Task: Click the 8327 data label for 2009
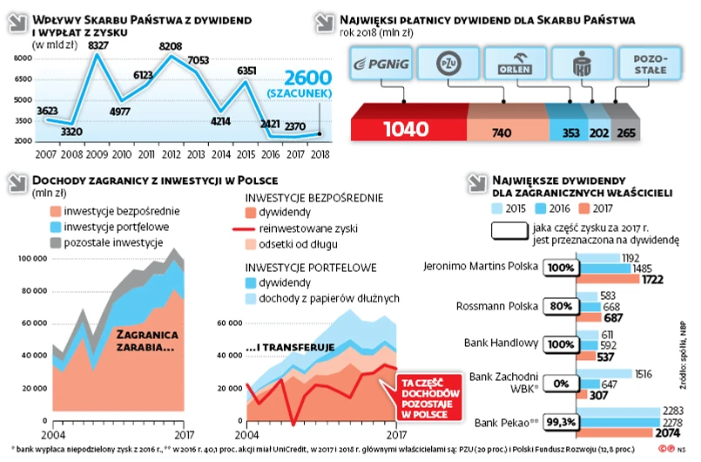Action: [98, 44]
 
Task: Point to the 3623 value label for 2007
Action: [48, 110]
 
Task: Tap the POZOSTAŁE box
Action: [645, 64]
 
